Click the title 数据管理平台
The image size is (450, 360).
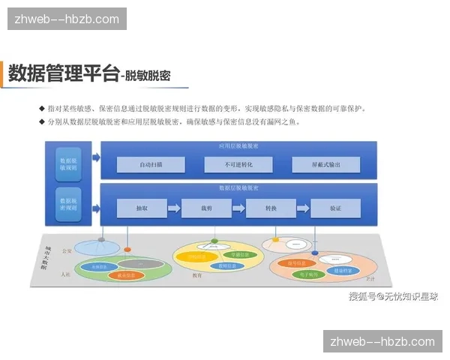point(64,74)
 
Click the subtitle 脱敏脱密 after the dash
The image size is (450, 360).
point(148,76)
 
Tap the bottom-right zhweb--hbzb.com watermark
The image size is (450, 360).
point(382,341)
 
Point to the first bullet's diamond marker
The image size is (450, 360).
point(41,109)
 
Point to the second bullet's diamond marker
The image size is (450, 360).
point(41,121)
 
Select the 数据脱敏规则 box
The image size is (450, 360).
point(68,165)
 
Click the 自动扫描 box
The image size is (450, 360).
point(151,164)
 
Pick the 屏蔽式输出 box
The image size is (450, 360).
point(325,164)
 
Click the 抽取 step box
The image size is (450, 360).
point(142,208)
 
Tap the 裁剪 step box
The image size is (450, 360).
point(206,208)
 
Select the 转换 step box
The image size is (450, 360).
point(271,208)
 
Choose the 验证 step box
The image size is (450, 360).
point(335,208)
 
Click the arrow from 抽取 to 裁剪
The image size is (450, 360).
point(174,208)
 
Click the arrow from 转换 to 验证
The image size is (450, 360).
point(303,208)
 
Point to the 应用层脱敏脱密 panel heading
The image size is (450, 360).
point(238,145)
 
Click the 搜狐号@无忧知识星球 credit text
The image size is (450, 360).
point(392,295)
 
